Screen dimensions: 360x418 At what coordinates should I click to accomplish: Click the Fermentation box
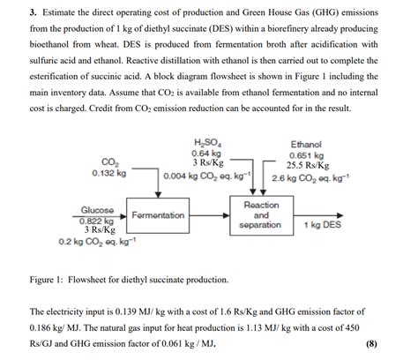click(158, 215)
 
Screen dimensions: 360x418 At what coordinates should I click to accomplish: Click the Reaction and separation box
click(261, 215)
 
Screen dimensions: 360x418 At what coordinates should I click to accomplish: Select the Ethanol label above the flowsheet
click(306, 145)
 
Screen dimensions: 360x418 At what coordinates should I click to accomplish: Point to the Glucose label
click(99, 210)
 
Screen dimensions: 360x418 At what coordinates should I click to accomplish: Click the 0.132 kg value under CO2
click(108, 173)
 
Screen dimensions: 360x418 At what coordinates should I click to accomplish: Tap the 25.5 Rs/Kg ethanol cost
click(308, 165)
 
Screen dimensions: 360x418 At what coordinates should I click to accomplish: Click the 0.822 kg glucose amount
click(99, 221)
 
